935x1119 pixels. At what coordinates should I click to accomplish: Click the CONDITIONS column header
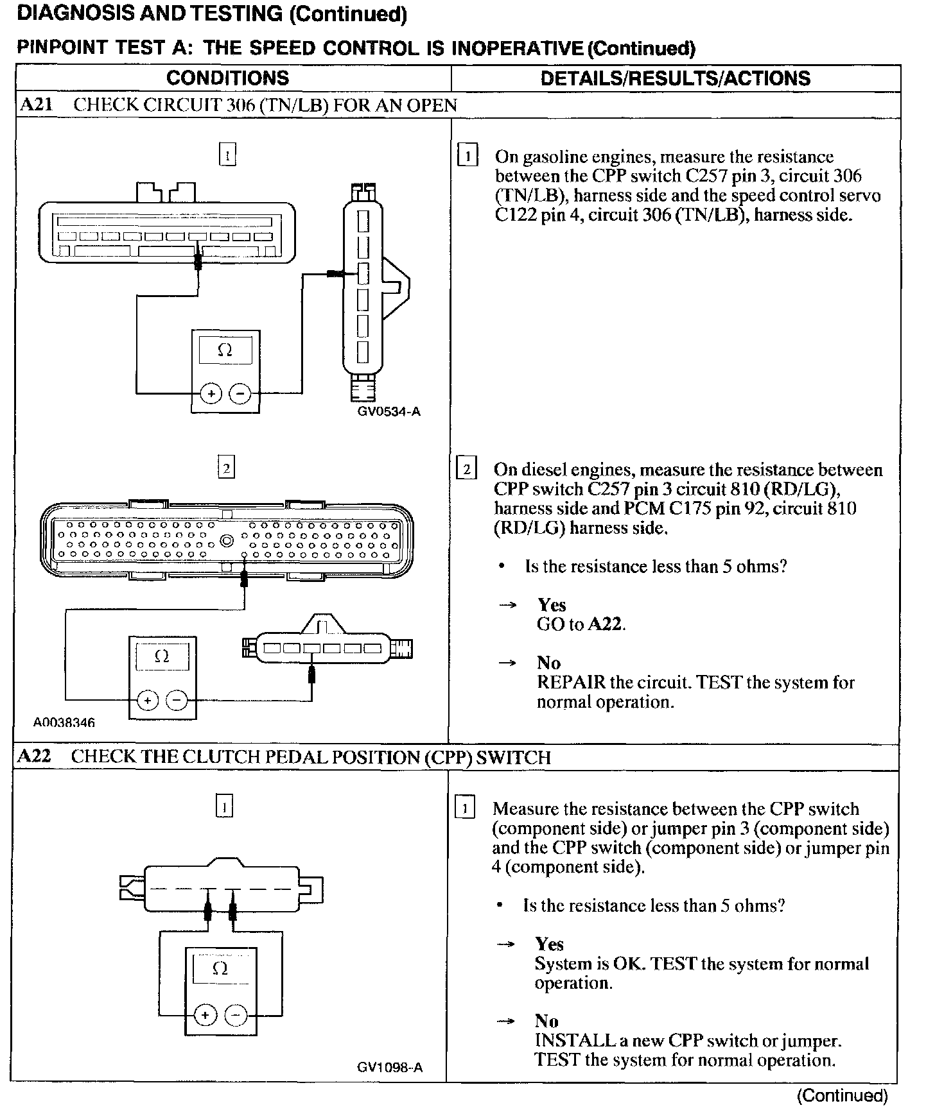[227, 78]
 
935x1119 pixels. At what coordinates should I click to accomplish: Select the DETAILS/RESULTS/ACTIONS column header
[675, 78]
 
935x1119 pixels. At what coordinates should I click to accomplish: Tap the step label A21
[37, 105]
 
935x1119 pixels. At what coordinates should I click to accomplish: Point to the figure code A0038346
[64, 723]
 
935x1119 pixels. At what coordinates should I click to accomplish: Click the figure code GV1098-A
[390, 1067]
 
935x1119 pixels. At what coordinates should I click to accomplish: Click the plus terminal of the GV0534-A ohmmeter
[211, 393]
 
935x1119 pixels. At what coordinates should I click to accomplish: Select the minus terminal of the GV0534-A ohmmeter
[240, 393]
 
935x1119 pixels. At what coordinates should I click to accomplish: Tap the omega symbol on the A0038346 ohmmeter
[162, 656]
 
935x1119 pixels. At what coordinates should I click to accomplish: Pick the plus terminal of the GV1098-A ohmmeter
[205, 1015]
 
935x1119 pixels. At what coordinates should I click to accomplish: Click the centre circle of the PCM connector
[227, 540]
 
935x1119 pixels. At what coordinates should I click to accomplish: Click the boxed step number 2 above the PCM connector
[226, 468]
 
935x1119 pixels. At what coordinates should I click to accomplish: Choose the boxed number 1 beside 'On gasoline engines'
[467, 157]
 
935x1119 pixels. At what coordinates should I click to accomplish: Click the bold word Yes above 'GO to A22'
[552, 605]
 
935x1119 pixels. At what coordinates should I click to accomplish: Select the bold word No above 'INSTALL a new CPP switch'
[546, 1021]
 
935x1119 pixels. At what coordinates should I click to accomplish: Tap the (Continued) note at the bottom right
[842, 1095]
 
